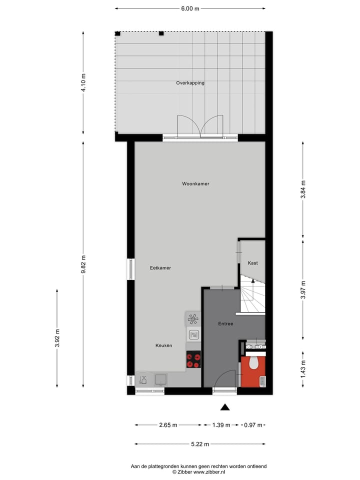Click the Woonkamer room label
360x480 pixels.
[195, 184]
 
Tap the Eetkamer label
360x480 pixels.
[160, 268]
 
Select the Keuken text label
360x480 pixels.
[163, 345]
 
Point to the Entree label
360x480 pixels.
[225, 324]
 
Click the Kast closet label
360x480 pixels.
[253, 263]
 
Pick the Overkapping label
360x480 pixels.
[190, 83]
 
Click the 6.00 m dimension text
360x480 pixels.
[190, 8]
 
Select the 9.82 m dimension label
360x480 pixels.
[83, 263]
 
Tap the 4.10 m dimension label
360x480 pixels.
[83, 82]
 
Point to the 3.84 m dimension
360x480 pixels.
[303, 189]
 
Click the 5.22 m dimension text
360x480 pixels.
[199, 444]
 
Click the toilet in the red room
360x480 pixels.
[253, 362]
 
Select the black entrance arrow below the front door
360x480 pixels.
[225, 407]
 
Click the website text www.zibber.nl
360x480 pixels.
[209, 471]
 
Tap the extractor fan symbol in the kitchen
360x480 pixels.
[192, 318]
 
